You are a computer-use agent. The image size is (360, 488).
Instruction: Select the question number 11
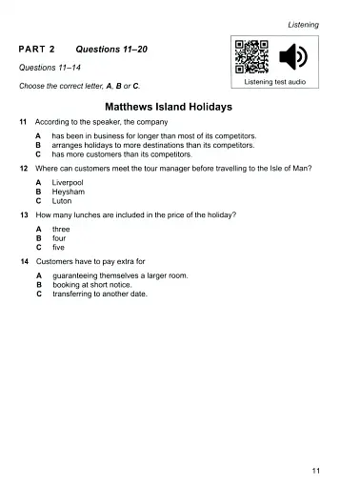click(23, 124)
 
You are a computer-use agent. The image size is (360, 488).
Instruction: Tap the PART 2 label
click(38, 48)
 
